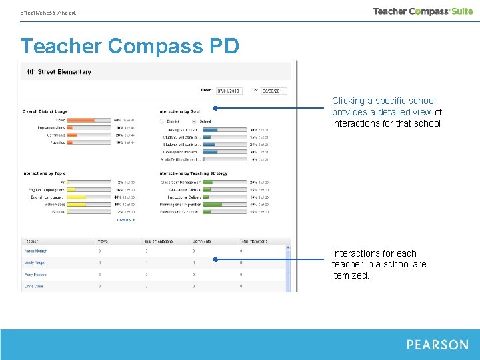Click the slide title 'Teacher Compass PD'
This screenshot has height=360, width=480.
(129, 47)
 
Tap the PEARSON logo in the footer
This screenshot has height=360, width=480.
(437, 345)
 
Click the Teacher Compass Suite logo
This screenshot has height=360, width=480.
(423, 11)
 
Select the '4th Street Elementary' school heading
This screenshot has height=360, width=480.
(59, 72)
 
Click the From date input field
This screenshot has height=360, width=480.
(229, 91)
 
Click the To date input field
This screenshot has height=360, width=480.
(273, 91)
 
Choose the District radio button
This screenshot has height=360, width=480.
(161, 121)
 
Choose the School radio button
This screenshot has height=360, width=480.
(193, 121)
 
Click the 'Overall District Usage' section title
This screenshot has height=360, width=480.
(45, 111)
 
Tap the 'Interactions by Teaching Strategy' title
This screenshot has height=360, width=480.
(193, 173)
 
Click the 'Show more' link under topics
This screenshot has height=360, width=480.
(125, 219)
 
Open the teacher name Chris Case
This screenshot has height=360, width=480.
(34, 286)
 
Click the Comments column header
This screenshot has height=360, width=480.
(201, 241)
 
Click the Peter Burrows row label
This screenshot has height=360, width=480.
(36, 275)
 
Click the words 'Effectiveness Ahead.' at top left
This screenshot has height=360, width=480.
(48, 13)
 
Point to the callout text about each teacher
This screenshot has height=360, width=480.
(379, 264)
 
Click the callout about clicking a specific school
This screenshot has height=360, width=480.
(387, 112)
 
